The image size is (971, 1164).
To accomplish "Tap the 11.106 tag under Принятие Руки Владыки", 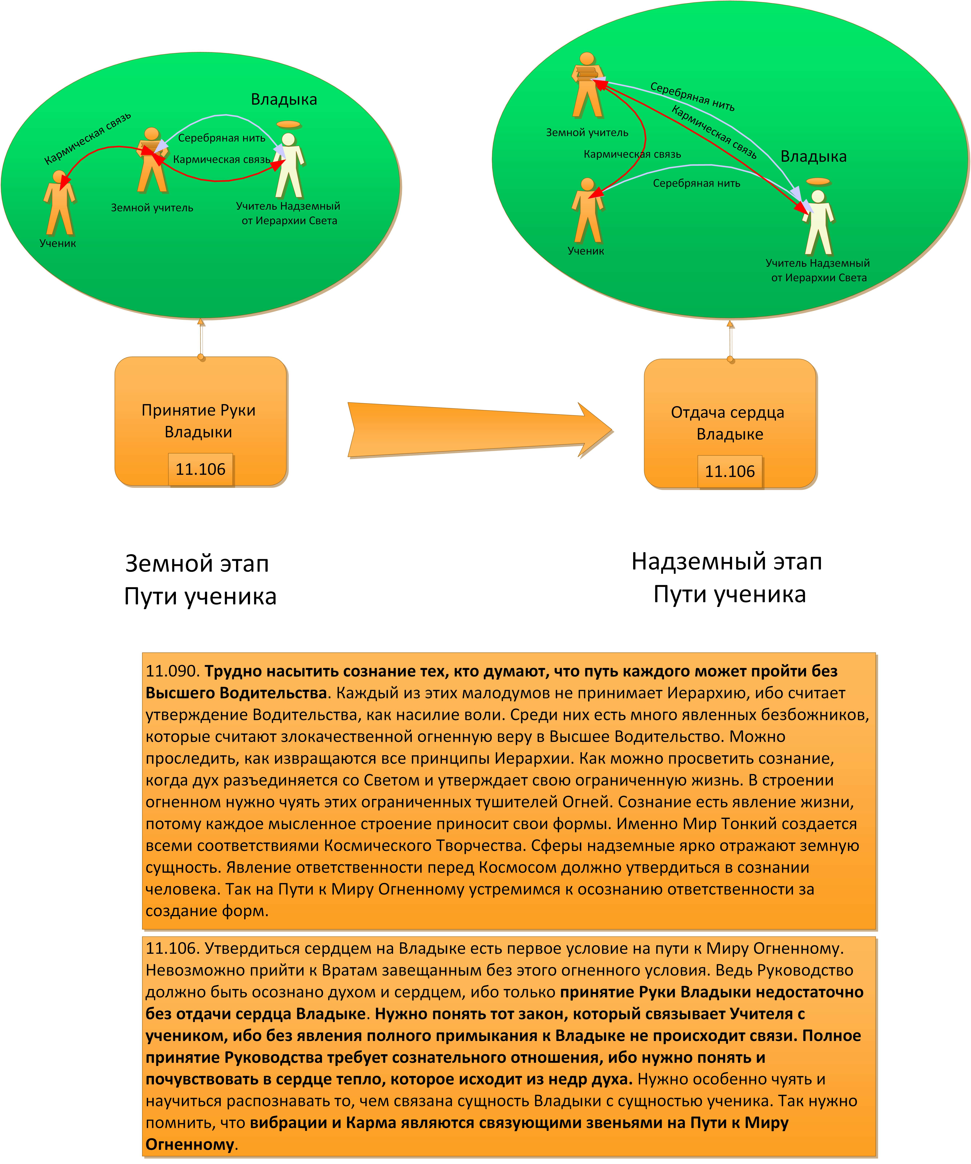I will (x=201, y=470).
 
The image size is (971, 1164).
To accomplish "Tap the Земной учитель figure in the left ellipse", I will (x=152, y=161).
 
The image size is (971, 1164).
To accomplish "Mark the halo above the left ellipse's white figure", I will (x=288, y=124).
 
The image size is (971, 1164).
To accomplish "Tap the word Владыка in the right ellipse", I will (x=813, y=157).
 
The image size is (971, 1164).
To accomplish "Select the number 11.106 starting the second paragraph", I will (x=172, y=948).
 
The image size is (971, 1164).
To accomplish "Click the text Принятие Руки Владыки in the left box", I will (x=198, y=421).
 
